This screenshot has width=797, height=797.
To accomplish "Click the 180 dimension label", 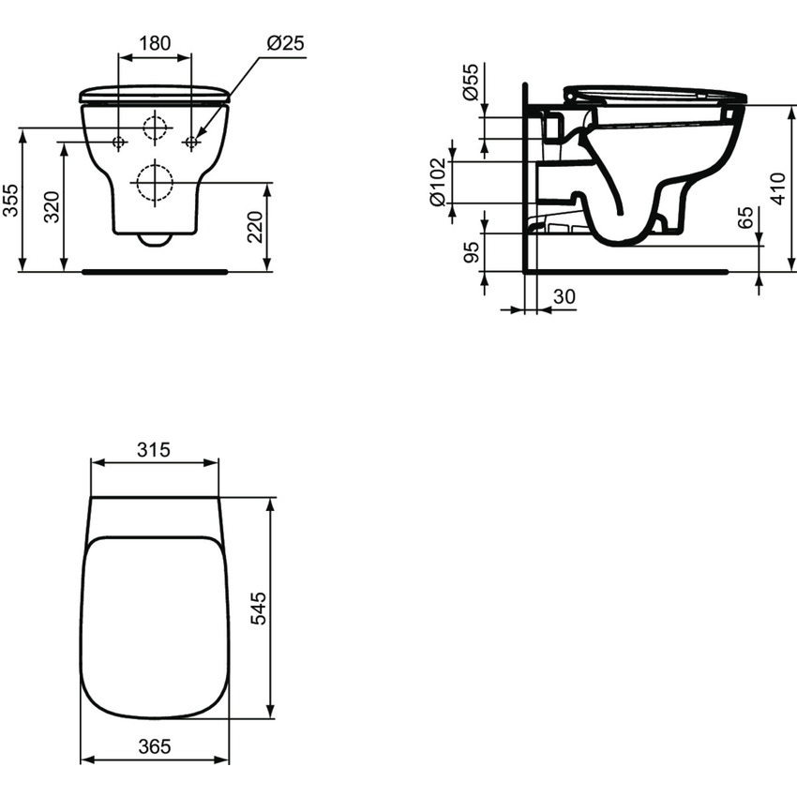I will pyautogui.click(x=154, y=43).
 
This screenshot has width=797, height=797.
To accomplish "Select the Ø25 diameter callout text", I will pyautogui.click(x=285, y=43).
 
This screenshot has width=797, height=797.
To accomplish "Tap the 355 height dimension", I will pyautogui.click(x=10, y=200).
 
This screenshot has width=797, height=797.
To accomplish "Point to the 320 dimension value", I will pyautogui.click(x=53, y=207).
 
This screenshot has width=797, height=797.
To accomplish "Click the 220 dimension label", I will pyautogui.click(x=255, y=227).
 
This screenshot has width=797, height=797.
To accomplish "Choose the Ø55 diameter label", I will pyautogui.click(x=472, y=82).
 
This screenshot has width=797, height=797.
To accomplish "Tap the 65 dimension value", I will pyautogui.click(x=744, y=218).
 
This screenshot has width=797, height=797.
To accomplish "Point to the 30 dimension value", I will pyautogui.click(x=564, y=297).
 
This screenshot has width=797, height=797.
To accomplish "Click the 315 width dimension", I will pyautogui.click(x=153, y=449).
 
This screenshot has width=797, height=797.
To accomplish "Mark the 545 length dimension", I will pyautogui.click(x=259, y=609).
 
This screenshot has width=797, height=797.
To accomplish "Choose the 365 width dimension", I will pyautogui.click(x=154, y=746).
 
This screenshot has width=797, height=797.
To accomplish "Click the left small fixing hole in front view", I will pyautogui.click(x=119, y=142).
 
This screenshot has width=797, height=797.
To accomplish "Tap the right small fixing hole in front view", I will pyautogui.click(x=191, y=142).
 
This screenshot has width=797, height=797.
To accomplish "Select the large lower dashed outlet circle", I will pyautogui.click(x=155, y=182).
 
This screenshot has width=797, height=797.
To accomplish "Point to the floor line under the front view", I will pyautogui.click(x=155, y=271).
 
